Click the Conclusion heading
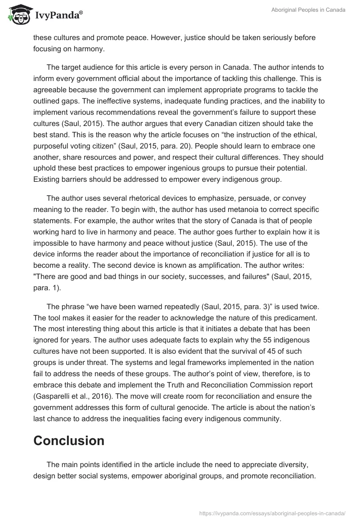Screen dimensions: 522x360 coord(69,440)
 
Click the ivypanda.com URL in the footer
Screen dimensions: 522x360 coord(272,513)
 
